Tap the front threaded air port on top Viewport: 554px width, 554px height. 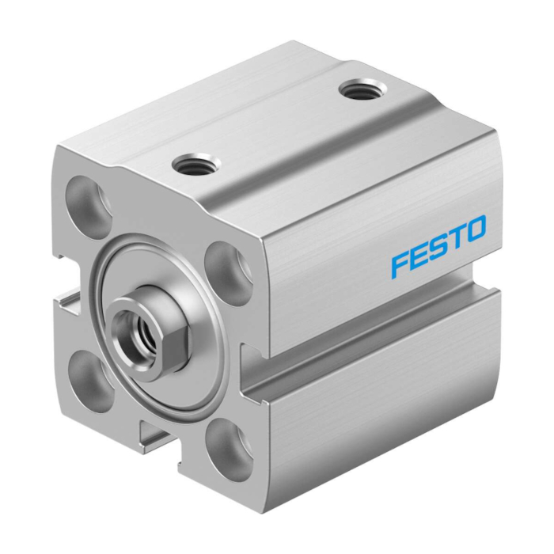(195, 164)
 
